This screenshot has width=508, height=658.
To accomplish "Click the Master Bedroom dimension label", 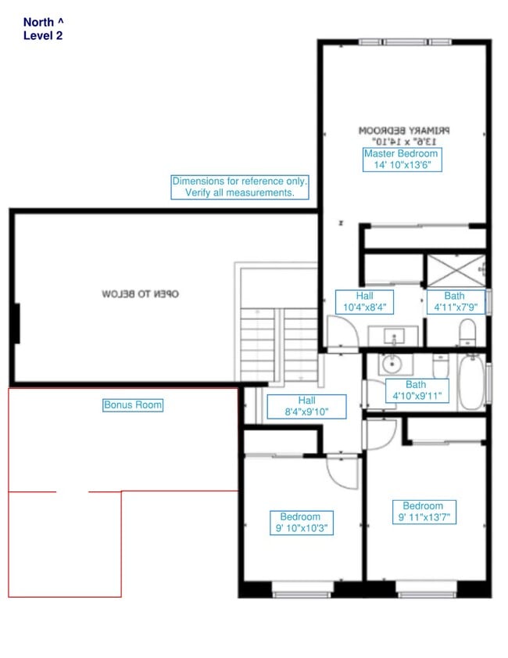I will click(402, 160).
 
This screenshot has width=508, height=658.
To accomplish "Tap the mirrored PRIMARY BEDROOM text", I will click(406, 135).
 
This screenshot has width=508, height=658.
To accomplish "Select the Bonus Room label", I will click(133, 405).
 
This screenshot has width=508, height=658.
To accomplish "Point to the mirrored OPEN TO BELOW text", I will click(141, 294).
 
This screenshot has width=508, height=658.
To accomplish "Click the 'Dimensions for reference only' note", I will click(240, 186).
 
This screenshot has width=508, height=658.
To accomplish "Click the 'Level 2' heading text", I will click(43, 35).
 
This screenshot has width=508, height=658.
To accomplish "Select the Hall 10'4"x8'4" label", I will click(364, 302).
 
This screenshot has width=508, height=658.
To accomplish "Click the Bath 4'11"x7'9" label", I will click(454, 302).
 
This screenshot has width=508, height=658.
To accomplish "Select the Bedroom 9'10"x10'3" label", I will click(300, 523).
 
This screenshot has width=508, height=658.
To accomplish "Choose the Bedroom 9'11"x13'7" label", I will click(423, 512).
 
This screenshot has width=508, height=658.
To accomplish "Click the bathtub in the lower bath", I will click(471, 382).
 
